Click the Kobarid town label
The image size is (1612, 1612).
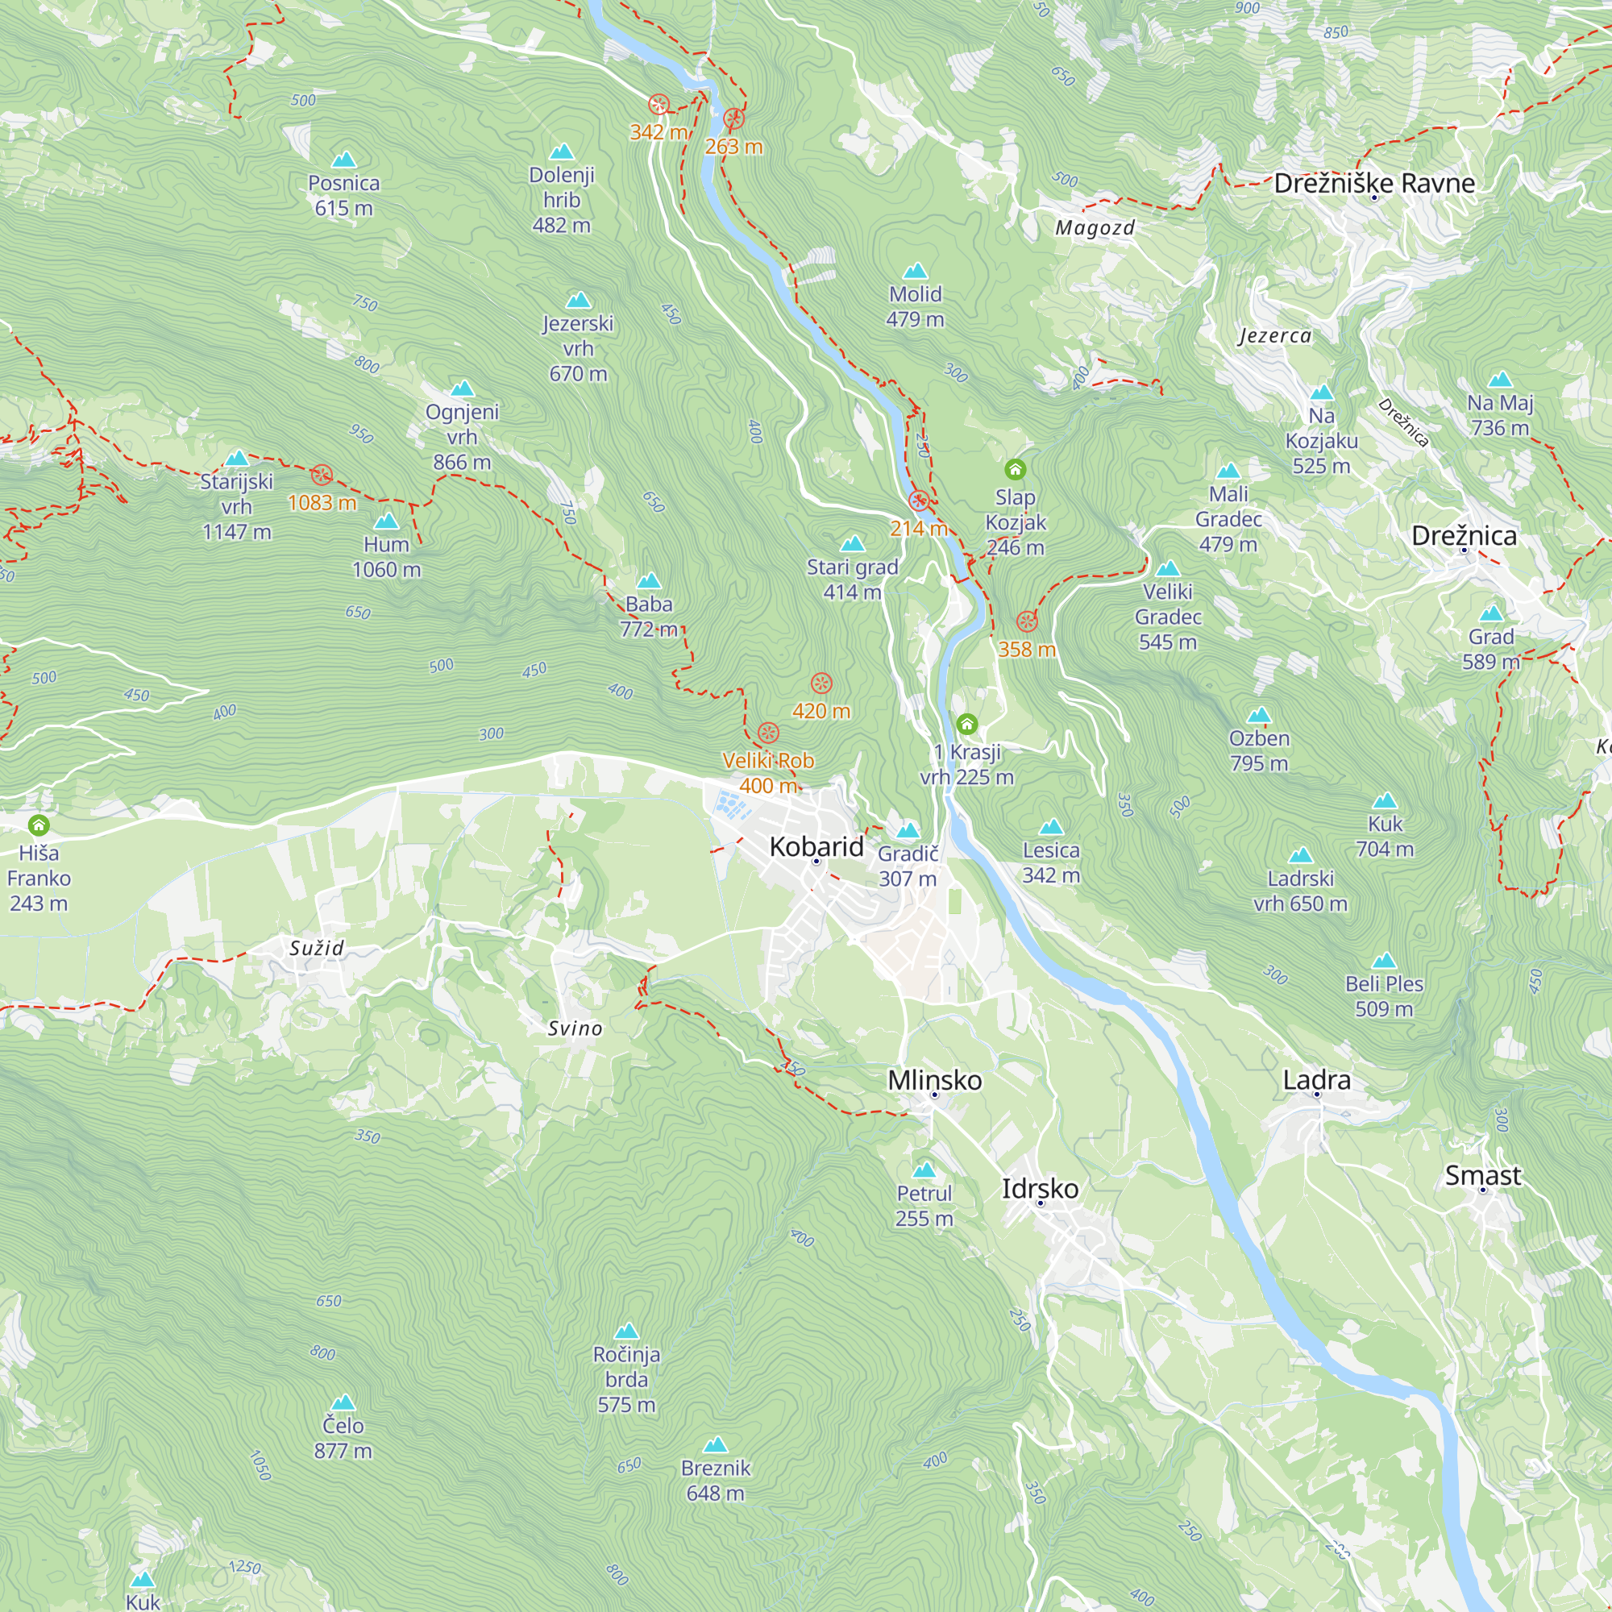[x=816, y=846]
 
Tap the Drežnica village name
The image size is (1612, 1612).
[x=1464, y=536]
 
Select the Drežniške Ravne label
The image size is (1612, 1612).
[x=1373, y=184]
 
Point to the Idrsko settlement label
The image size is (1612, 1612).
[x=1040, y=1188]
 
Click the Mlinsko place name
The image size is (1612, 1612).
[x=934, y=1080]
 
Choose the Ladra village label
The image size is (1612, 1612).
[x=1316, y=1080]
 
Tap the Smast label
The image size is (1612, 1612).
[x=1483, y=1175]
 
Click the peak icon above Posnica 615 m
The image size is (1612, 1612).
[x=344, y=160]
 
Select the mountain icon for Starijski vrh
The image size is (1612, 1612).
[x=238, y=458]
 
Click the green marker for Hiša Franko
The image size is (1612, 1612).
[x=39, y=826]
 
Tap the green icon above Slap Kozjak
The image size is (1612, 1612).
[x=1015, y=469]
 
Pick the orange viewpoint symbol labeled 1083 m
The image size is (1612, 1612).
[x=322, y=476]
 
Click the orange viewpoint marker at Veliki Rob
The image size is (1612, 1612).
[x=767, y=733]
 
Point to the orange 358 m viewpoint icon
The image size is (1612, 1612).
[x=1026, y=621]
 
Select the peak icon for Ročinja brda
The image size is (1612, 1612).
[x=625, y=1331]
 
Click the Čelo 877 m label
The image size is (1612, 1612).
[x=343, y=1438]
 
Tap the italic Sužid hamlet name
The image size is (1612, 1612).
[x=316, y=948]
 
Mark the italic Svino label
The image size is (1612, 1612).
[x=574, y=1028]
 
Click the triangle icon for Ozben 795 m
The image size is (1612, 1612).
[x=1258, y=715]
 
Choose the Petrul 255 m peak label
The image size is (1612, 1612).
[x=924, y=1206]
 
